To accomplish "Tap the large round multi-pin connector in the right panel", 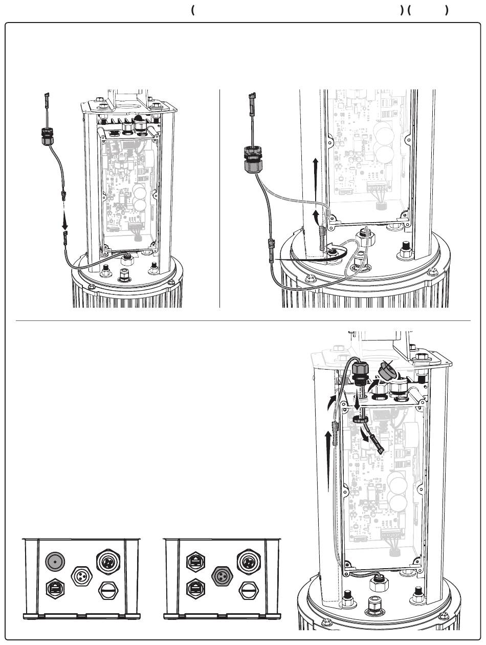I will pos(248,561).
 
